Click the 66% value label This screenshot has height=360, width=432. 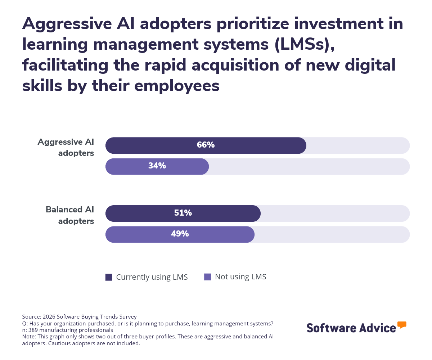(206, 145)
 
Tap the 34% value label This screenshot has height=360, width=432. (157, 166)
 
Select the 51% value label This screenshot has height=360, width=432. (183, 213)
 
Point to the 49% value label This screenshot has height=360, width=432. (180, 234)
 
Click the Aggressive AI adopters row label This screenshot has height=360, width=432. (66, 147)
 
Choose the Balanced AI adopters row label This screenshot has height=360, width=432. (70, 215)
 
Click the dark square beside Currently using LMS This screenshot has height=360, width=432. (109, 277)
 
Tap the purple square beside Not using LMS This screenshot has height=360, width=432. (207, 277)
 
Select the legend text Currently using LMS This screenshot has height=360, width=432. (152, 277)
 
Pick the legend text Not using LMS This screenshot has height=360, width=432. (240, 277)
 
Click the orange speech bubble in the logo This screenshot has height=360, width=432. (402, 325)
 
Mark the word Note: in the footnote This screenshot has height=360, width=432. (30, 336)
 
